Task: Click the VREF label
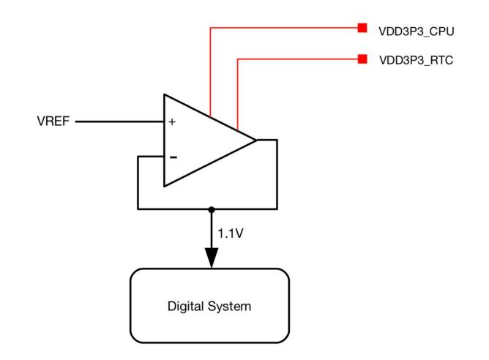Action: [x=53, y=121]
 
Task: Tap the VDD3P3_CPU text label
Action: [x=417, y=31]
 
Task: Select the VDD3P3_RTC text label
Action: [x=416, y=60]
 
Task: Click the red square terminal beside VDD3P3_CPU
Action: [x=362, y=28]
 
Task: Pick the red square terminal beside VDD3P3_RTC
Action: [x=362, y=59]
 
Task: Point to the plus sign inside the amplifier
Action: [x=172, y=121]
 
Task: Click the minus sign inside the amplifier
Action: [x=173, y=157]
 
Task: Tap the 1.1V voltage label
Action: [x=231, y=233]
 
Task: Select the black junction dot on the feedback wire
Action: [x=212, y=209]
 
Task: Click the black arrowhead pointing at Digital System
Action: [x=212, y=258]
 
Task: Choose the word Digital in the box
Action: [x=185, y=307]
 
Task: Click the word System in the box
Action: [x=229, y=307]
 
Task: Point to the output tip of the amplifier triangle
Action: [x=256, y=140]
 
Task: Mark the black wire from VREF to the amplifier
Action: [x=120, y=121]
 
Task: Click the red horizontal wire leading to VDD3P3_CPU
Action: [x=284, y=28]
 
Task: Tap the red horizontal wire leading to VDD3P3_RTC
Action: [x=298, y=59]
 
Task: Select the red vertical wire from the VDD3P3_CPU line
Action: [x=211, y=72]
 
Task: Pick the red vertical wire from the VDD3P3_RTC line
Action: [x=238, y=94]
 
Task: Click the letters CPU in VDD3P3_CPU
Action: [x=442, y=31]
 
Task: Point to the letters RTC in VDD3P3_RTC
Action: [x=441, y=60]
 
